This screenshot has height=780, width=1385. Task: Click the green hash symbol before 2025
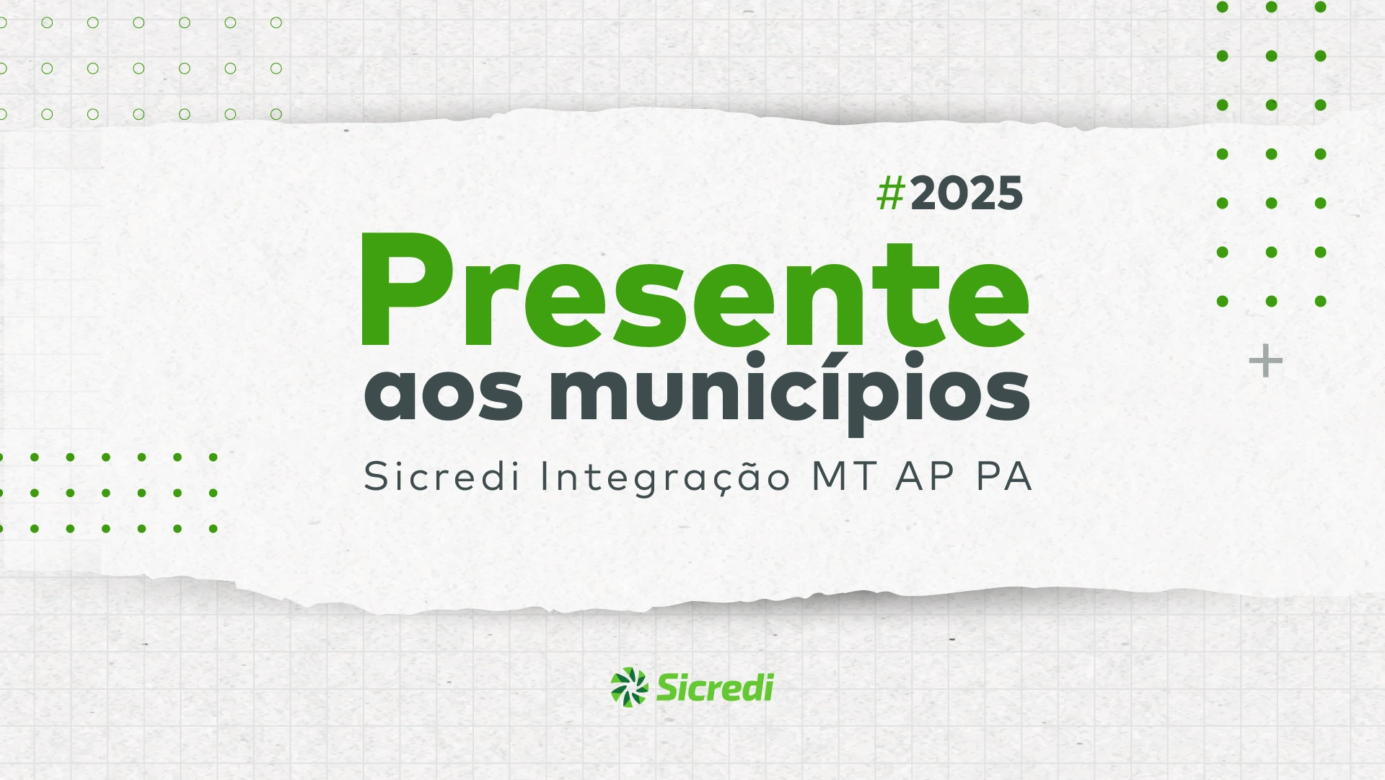(891, 193)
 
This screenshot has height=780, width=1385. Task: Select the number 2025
(967, 193)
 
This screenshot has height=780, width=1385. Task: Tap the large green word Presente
(695, 291)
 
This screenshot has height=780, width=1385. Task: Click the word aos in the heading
(444, 394)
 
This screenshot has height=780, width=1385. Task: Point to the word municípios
(790, 394)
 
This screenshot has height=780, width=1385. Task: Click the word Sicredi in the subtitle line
(441, 476)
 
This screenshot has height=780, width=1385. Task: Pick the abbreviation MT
(845, 476)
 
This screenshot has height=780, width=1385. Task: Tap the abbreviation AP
(925, 476)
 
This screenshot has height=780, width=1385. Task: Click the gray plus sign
(1266, 361)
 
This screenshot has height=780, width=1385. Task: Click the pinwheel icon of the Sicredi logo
(629, 687)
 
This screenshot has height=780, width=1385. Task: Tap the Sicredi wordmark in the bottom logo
(715, 687)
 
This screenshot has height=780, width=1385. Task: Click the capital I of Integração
(545, 476)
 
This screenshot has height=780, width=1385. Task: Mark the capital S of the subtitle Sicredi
(377, 476)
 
